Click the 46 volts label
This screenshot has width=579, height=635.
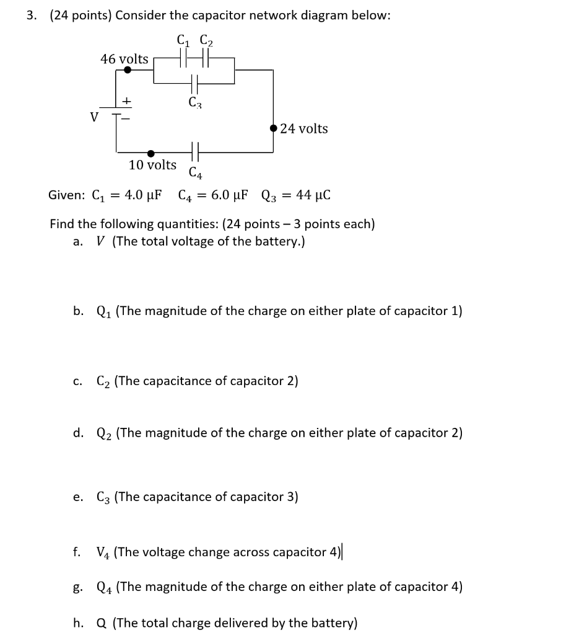pos(124,59)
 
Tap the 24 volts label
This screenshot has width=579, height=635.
pos(304,128)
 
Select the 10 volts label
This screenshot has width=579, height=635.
pos(152,165)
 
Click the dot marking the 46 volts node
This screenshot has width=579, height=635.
pos(128,70)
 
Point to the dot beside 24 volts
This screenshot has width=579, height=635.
pos(274,128)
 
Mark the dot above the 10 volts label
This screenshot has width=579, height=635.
pos(150,153)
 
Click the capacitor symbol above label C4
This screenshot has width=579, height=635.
pos(194,152)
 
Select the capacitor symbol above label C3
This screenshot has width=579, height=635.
pos(194,82)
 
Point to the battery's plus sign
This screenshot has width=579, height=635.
pos(126,99)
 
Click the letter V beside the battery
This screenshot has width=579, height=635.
pos(94,117)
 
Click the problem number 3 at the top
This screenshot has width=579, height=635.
pos(30,16)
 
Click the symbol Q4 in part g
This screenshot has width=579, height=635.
pos(105,587)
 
